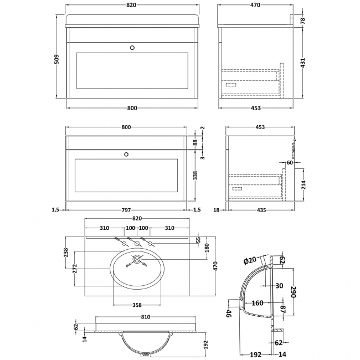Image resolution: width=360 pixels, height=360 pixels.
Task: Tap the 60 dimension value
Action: (x=290, y=163)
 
